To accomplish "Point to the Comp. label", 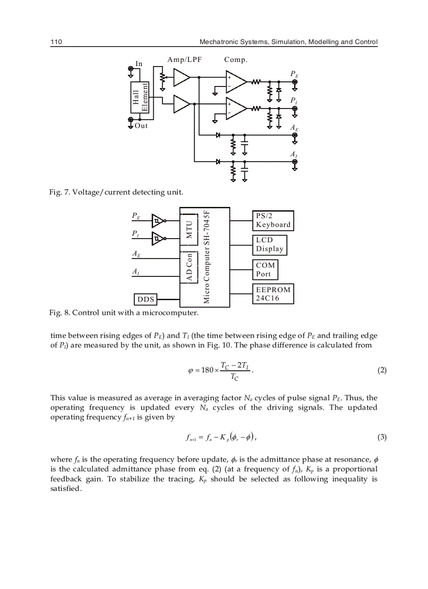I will [x=236, y=60].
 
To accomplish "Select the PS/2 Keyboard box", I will [x=273, y=220].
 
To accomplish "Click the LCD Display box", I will [x=270, y=244].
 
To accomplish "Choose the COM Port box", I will [x=265, y=270].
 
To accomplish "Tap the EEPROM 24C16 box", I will [x=273, y=294].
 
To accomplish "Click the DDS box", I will [x=146, y=299].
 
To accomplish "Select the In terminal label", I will [x=139, y=64].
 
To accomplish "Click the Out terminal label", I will [x=141, y=126].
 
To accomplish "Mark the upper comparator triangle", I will [x=236, y=82].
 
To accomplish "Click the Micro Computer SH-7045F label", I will [x=207, y=257].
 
